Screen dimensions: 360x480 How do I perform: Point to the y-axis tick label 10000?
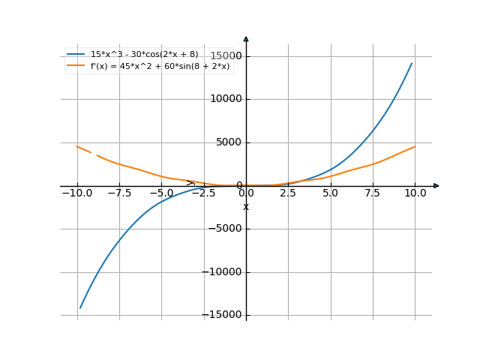pos(226,99)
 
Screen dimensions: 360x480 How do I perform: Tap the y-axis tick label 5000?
pos(229,142)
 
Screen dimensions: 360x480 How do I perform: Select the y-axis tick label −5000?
pos(225,229)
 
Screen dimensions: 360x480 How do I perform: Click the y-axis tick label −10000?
pos(223,273)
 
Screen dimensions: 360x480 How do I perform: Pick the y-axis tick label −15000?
pos(223,316)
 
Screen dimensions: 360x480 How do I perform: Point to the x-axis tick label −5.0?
pos(161,193)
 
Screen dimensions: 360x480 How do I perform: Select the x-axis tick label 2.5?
pos(289,193)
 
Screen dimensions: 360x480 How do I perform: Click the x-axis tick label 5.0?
pos(331,193)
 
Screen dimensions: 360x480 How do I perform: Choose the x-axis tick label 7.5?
pos(373,193)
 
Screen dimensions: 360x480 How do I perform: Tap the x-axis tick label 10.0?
pos(415,193)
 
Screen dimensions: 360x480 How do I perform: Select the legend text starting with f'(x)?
pos(160,66)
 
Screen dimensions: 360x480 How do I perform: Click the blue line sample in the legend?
pos(76,54)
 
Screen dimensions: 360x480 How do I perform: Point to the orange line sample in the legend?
pos(76,66)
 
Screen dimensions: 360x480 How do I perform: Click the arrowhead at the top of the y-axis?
pos(246,38)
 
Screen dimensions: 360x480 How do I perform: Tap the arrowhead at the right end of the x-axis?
pos(436,185)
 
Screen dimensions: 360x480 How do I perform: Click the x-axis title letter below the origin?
pos(246,207)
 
